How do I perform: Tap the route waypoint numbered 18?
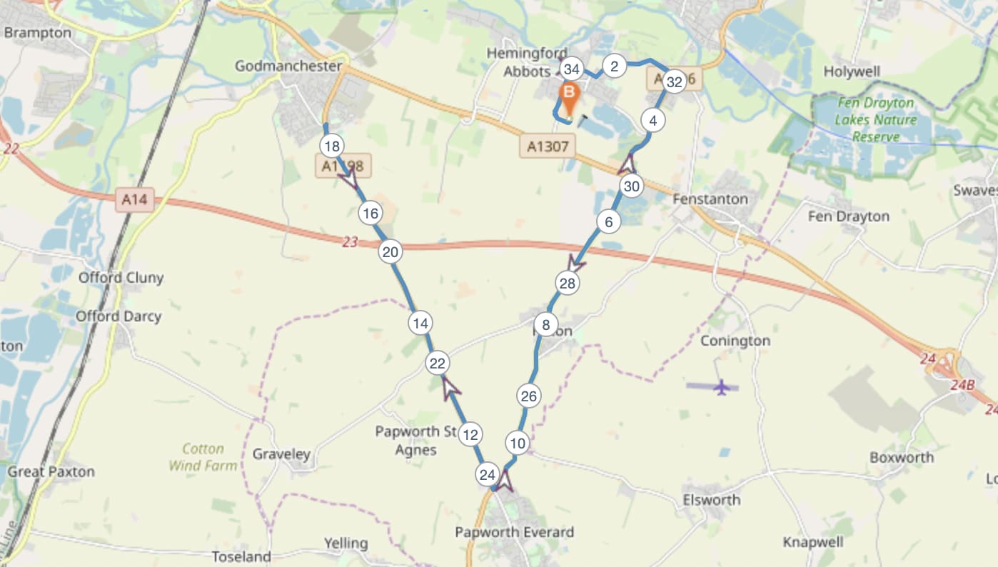331,147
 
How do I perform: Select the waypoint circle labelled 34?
570,69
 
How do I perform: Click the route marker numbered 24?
488,474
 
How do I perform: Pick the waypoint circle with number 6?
608,222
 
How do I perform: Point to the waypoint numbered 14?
420,323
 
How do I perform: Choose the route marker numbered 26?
528,396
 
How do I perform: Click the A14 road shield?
134,201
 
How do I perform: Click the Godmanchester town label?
289,66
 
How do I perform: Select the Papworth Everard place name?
515,532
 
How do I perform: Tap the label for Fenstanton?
710,199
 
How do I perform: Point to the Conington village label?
735,341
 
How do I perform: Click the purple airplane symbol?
721,387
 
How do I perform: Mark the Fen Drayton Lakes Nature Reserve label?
874,119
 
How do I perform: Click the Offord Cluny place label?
121,278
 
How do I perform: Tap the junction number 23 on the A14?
349,243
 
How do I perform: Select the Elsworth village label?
711,499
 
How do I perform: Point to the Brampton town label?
38,33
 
